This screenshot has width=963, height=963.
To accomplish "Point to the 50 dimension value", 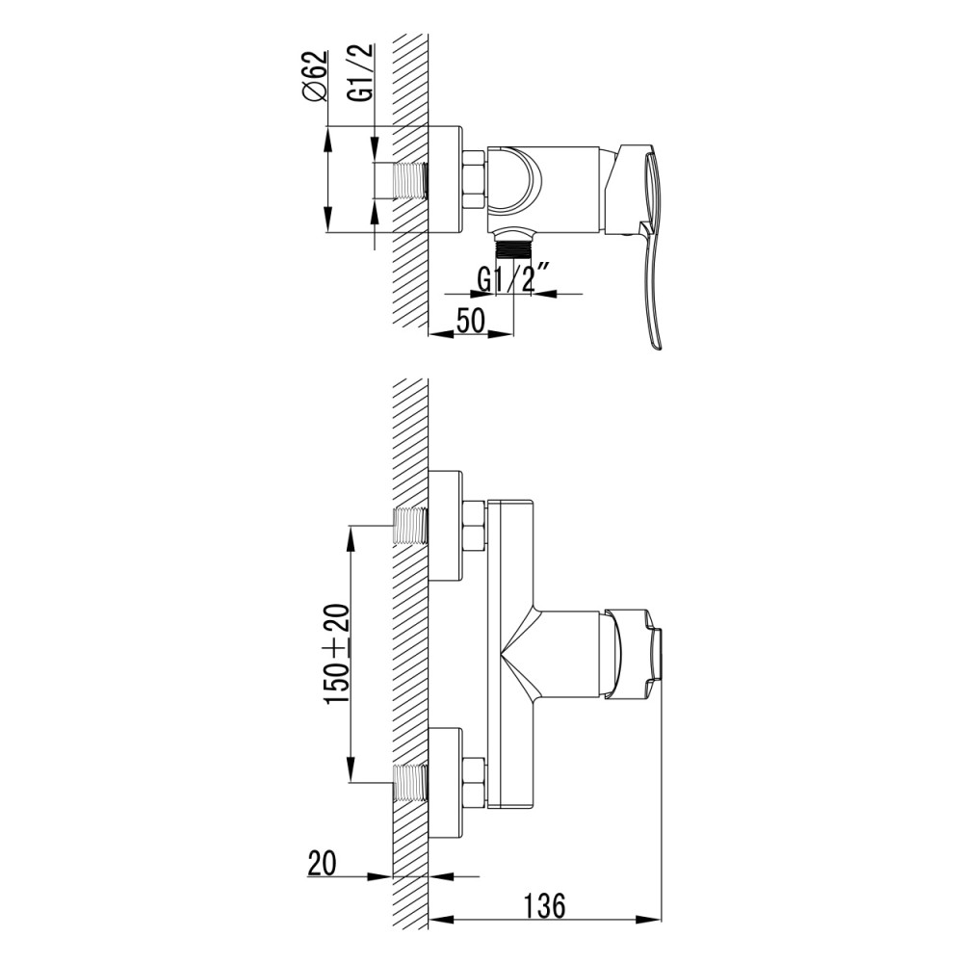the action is point(471,320).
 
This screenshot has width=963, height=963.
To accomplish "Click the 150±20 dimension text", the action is point(336,654).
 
